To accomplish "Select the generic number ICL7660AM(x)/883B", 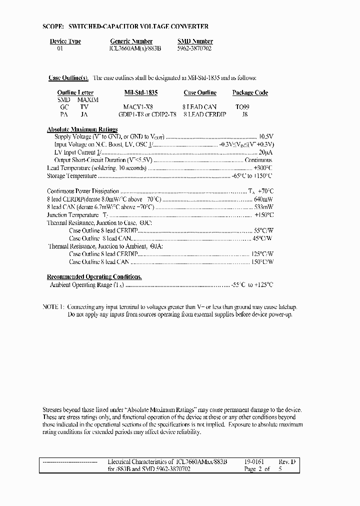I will click(x=135, y=49).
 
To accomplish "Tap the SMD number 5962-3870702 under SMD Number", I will click(x=194, y=49).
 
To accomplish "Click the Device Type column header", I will click(x=65, y=41).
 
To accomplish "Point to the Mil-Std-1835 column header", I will click(x=140, y=92).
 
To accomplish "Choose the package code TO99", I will click(x=242, y=107).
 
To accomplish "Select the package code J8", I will click(x=244, y=114).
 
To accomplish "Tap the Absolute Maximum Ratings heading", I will click(x=82, y=129).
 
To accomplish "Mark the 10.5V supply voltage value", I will click(x=266, y=136).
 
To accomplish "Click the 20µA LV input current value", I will click(x=265, y=152).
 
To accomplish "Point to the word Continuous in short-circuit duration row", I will click(x=258, y=160).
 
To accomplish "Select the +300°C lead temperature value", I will click(x=263, y=168).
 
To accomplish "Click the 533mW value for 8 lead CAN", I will click(x=263, y=207).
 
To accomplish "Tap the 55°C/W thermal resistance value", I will click(x=264, y=231).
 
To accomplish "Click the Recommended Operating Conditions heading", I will click(x=94, y=276).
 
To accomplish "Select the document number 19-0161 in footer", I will click(x=253, y=462).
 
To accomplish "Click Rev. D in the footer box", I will click(x=286, y=462).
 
